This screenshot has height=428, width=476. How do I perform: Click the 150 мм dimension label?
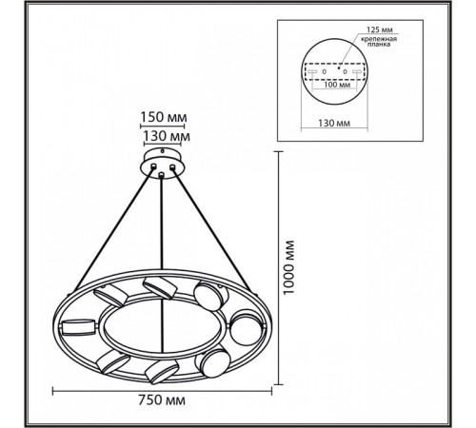pyautogui.click(x=164, y=117)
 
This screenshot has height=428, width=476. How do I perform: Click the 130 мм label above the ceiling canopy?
pyautogui.click(x=167, y=136)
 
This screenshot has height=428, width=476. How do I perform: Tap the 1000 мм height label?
pyautogui.click(x=288, y=268)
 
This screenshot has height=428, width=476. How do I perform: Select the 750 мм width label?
pyautogui.click(x=162, y=400)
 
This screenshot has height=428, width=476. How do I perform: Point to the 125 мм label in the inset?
pyautogui.click(x=380, y=29)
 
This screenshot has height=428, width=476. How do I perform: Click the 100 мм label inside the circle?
pyautogui.click(x=337, y=85)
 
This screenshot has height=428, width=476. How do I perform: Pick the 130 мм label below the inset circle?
pyautogui.click(x=334, y=123)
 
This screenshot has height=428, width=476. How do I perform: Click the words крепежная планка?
pyautogui.click(x=379, y=42)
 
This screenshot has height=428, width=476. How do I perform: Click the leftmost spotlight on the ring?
pyautogui.click(x=78, y=327)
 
